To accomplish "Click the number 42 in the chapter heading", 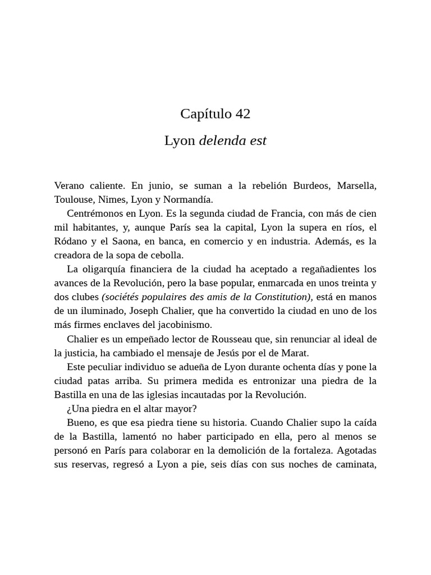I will (x=242, y=114).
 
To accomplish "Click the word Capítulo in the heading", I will (x=206, y=114).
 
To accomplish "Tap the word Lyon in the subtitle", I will (x=180, y=141).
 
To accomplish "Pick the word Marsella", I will (x=356, y=186).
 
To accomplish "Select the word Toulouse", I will (x=74, y=199).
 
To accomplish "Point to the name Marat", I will (x=295, y=353).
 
